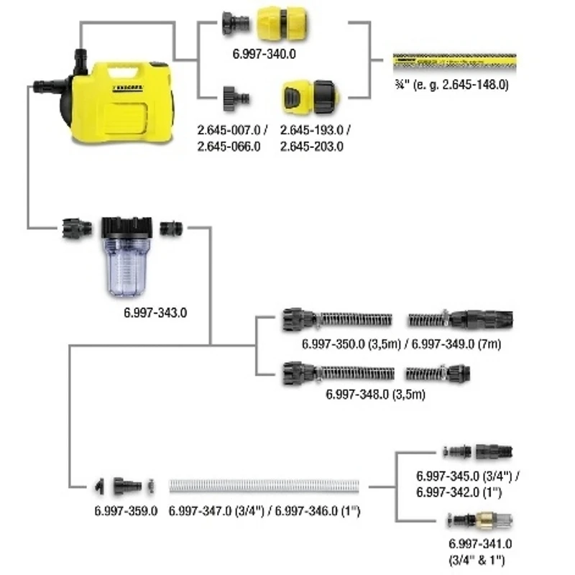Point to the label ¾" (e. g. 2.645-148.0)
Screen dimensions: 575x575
tap(451, 85)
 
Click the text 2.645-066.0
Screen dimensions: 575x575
tap(228, 146)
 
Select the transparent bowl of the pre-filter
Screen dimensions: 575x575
tap(126, 269)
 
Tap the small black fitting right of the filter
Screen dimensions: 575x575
tap(171, 229)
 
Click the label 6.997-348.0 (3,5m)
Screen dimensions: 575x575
tap(375, 394)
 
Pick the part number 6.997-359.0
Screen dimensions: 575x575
tap(126, 511)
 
